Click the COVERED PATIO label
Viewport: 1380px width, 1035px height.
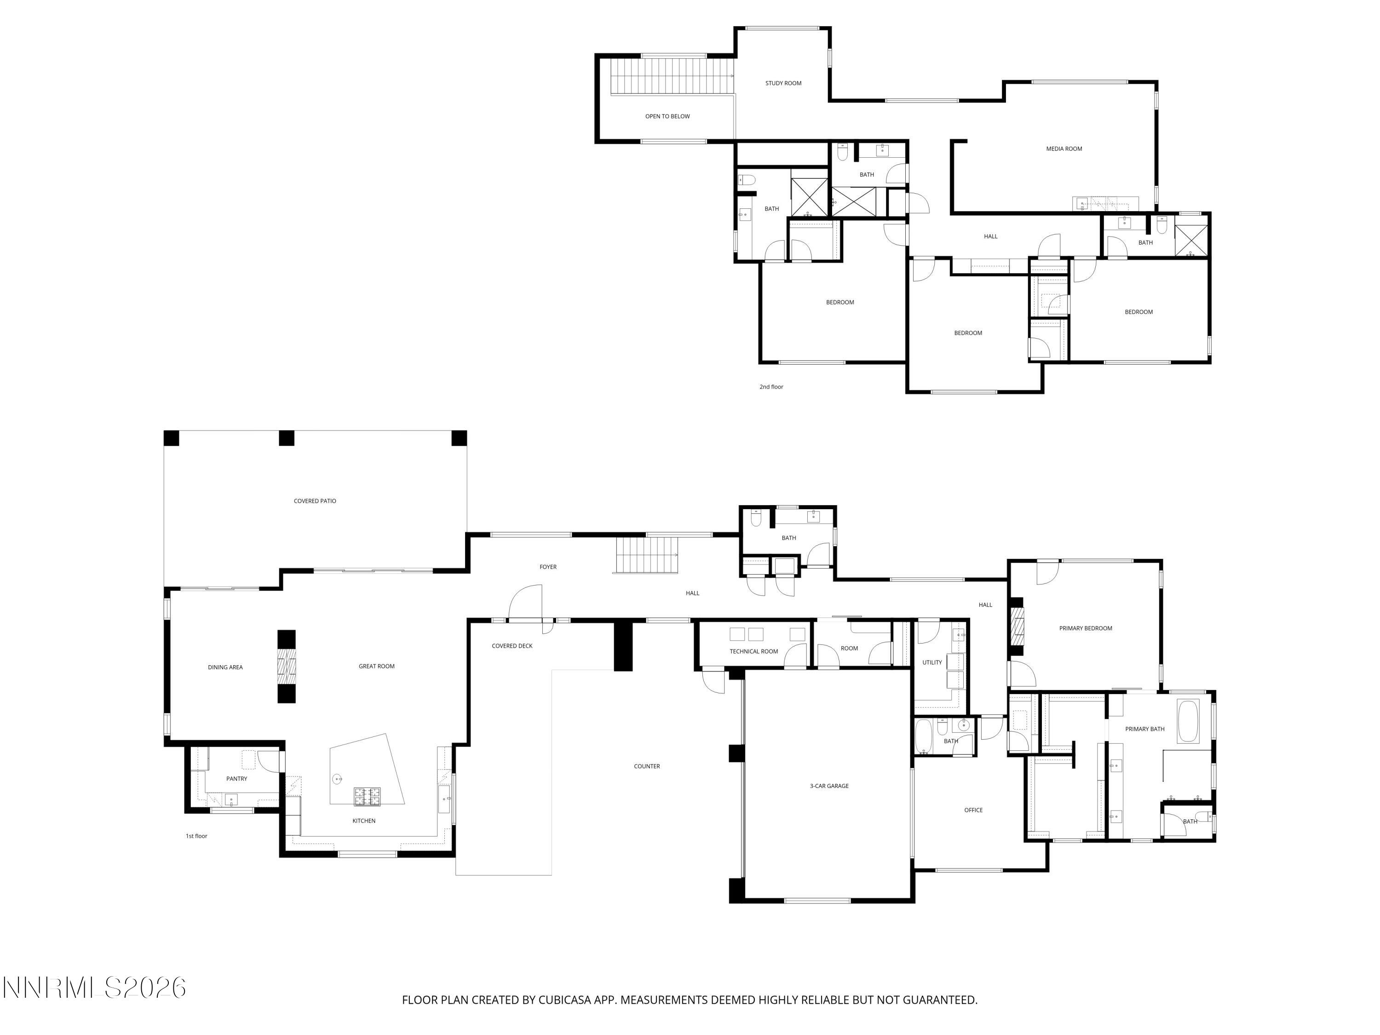point(315,501)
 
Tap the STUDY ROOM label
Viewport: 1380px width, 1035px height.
point(783,83)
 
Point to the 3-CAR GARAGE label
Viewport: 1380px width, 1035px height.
point(828,786)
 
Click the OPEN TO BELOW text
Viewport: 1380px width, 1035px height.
point(667,116)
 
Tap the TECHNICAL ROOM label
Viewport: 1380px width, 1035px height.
point(753,651)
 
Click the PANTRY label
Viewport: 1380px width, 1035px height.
point(236,779)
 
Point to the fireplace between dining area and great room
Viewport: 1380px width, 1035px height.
point(287,666)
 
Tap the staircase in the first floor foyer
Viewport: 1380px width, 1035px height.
point(646,555)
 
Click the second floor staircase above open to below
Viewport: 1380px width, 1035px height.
point(673,76)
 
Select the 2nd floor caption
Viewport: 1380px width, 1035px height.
point(770,387)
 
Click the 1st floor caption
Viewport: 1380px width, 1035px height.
point(196,836)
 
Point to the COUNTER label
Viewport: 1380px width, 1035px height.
point(646,766)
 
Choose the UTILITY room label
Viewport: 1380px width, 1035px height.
point(931,662)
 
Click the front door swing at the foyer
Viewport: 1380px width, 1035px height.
point(525,602)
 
